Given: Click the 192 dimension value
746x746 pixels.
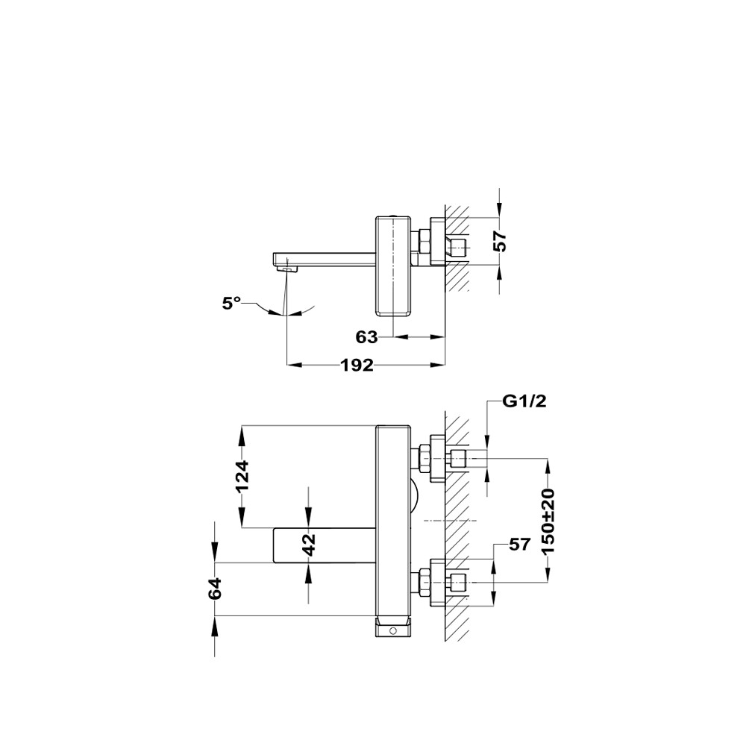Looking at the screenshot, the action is pos(357,365).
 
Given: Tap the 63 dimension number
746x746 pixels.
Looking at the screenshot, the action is pos(366,337).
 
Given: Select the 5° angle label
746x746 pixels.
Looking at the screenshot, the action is pos(231,303).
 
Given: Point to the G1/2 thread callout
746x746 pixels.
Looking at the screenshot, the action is pos(524,401).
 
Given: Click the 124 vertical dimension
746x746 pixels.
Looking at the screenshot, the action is pos(242,476).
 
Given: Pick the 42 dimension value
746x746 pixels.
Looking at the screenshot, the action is pos(310,545).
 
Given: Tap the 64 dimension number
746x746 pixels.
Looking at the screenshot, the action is pos(215,589).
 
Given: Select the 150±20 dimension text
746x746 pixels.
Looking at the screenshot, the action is pos(548,521).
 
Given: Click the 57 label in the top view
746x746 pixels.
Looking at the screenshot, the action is pos(500,241).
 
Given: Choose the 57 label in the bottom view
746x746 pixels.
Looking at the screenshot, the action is pos(519,545).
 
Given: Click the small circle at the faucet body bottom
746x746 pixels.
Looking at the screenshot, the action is pos(393,631).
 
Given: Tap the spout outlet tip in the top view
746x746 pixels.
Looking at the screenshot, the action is pos(287,269).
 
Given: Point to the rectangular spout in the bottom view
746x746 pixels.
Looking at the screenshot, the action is pos(325,545).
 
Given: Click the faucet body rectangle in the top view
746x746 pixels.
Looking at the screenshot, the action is pos(393,266).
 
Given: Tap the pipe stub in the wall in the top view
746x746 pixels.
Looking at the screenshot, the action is pos(458,248).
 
